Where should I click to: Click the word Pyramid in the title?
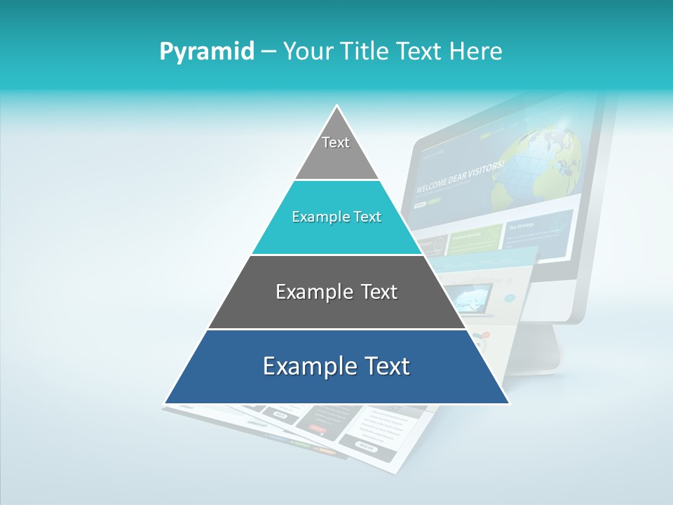(207, 51)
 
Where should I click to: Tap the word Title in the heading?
(367, 51)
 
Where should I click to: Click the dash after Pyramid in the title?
(268, 52)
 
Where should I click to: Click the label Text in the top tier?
(336, 142)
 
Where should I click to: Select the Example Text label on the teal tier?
(336, 217)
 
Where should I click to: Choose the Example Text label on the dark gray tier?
(336, 292)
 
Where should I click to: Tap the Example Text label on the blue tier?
(336, 366)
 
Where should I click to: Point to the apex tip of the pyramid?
(337, 106)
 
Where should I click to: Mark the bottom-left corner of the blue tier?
(165, 403)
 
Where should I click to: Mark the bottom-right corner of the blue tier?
(509, 403)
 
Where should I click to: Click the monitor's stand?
(540, 351)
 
